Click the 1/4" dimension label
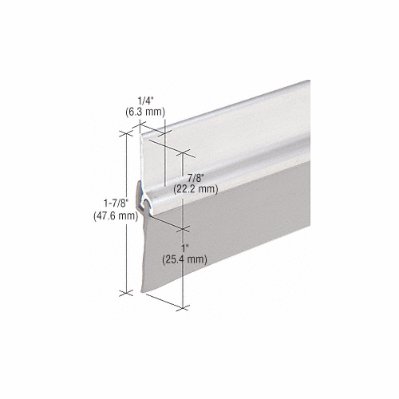145,101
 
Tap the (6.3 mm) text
145,112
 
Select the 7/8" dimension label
196,178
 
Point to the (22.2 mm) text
196,189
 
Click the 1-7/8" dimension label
116,203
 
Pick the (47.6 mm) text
116,216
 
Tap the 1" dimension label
184,249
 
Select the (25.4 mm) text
184,259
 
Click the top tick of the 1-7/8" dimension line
126,133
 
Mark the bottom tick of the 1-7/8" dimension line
126,293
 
